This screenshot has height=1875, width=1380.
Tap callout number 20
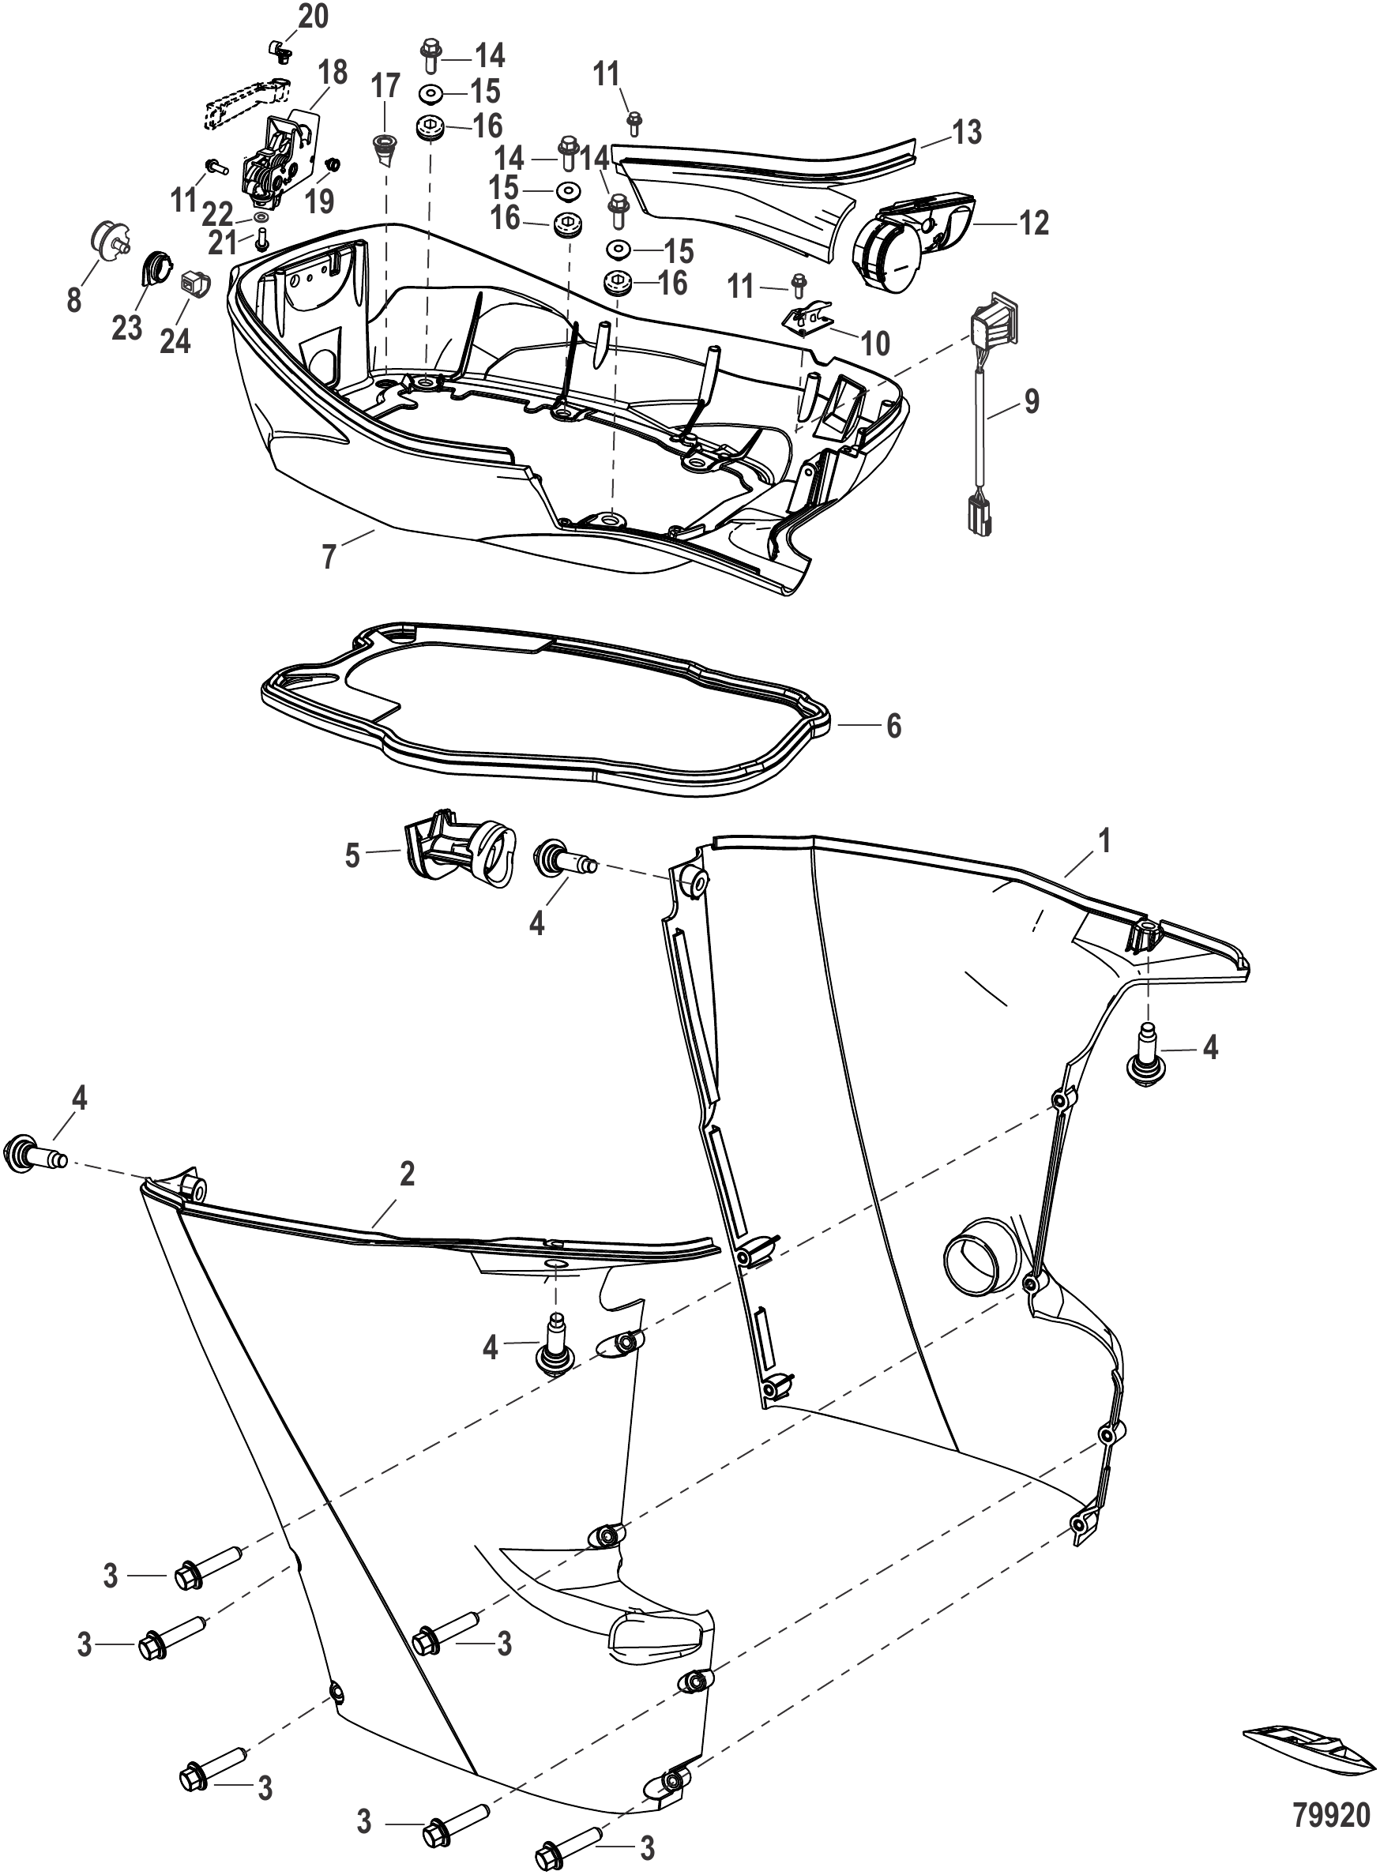314,16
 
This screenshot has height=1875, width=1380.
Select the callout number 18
333,72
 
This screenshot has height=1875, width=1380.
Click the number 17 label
385,86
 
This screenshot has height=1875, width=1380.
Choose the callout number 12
1034,223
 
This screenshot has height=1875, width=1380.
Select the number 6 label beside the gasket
894,726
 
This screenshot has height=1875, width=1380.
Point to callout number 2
406,1174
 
